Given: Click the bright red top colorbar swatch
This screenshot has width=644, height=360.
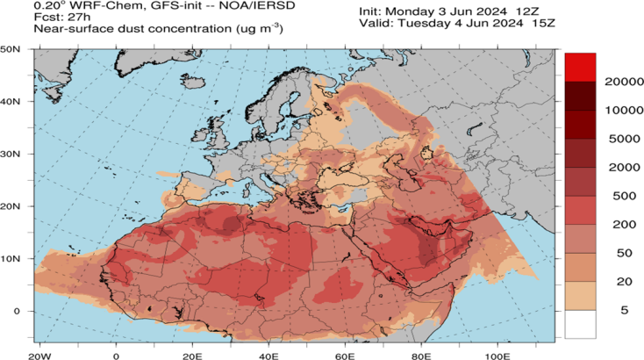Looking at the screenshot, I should tap(580, 68).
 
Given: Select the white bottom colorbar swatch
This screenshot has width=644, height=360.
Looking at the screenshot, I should tap(580, 324).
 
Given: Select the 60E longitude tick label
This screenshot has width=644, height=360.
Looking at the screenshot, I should tap(344, 356).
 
